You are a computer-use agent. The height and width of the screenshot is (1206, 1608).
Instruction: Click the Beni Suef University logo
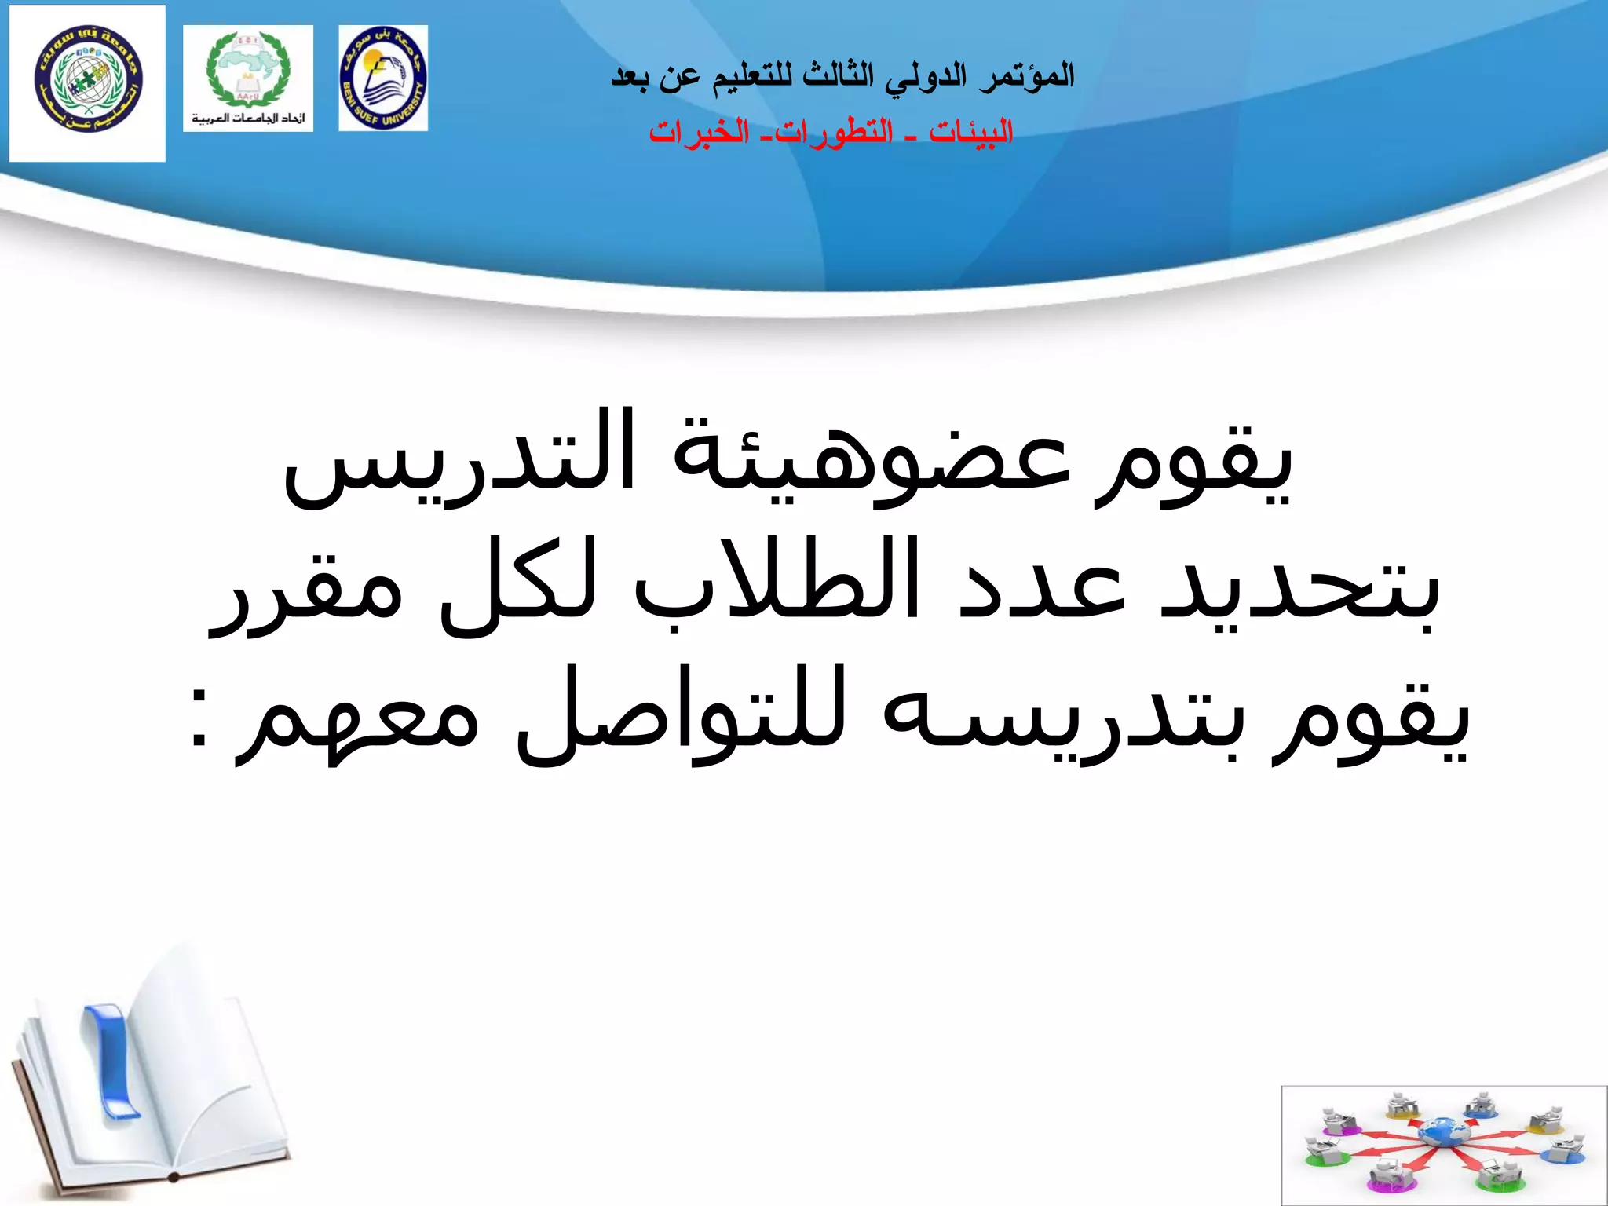(383, 78)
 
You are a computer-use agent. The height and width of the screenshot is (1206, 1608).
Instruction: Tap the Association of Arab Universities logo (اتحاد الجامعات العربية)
(248, 78)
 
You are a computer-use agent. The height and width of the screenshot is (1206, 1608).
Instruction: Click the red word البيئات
(971, 132)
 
